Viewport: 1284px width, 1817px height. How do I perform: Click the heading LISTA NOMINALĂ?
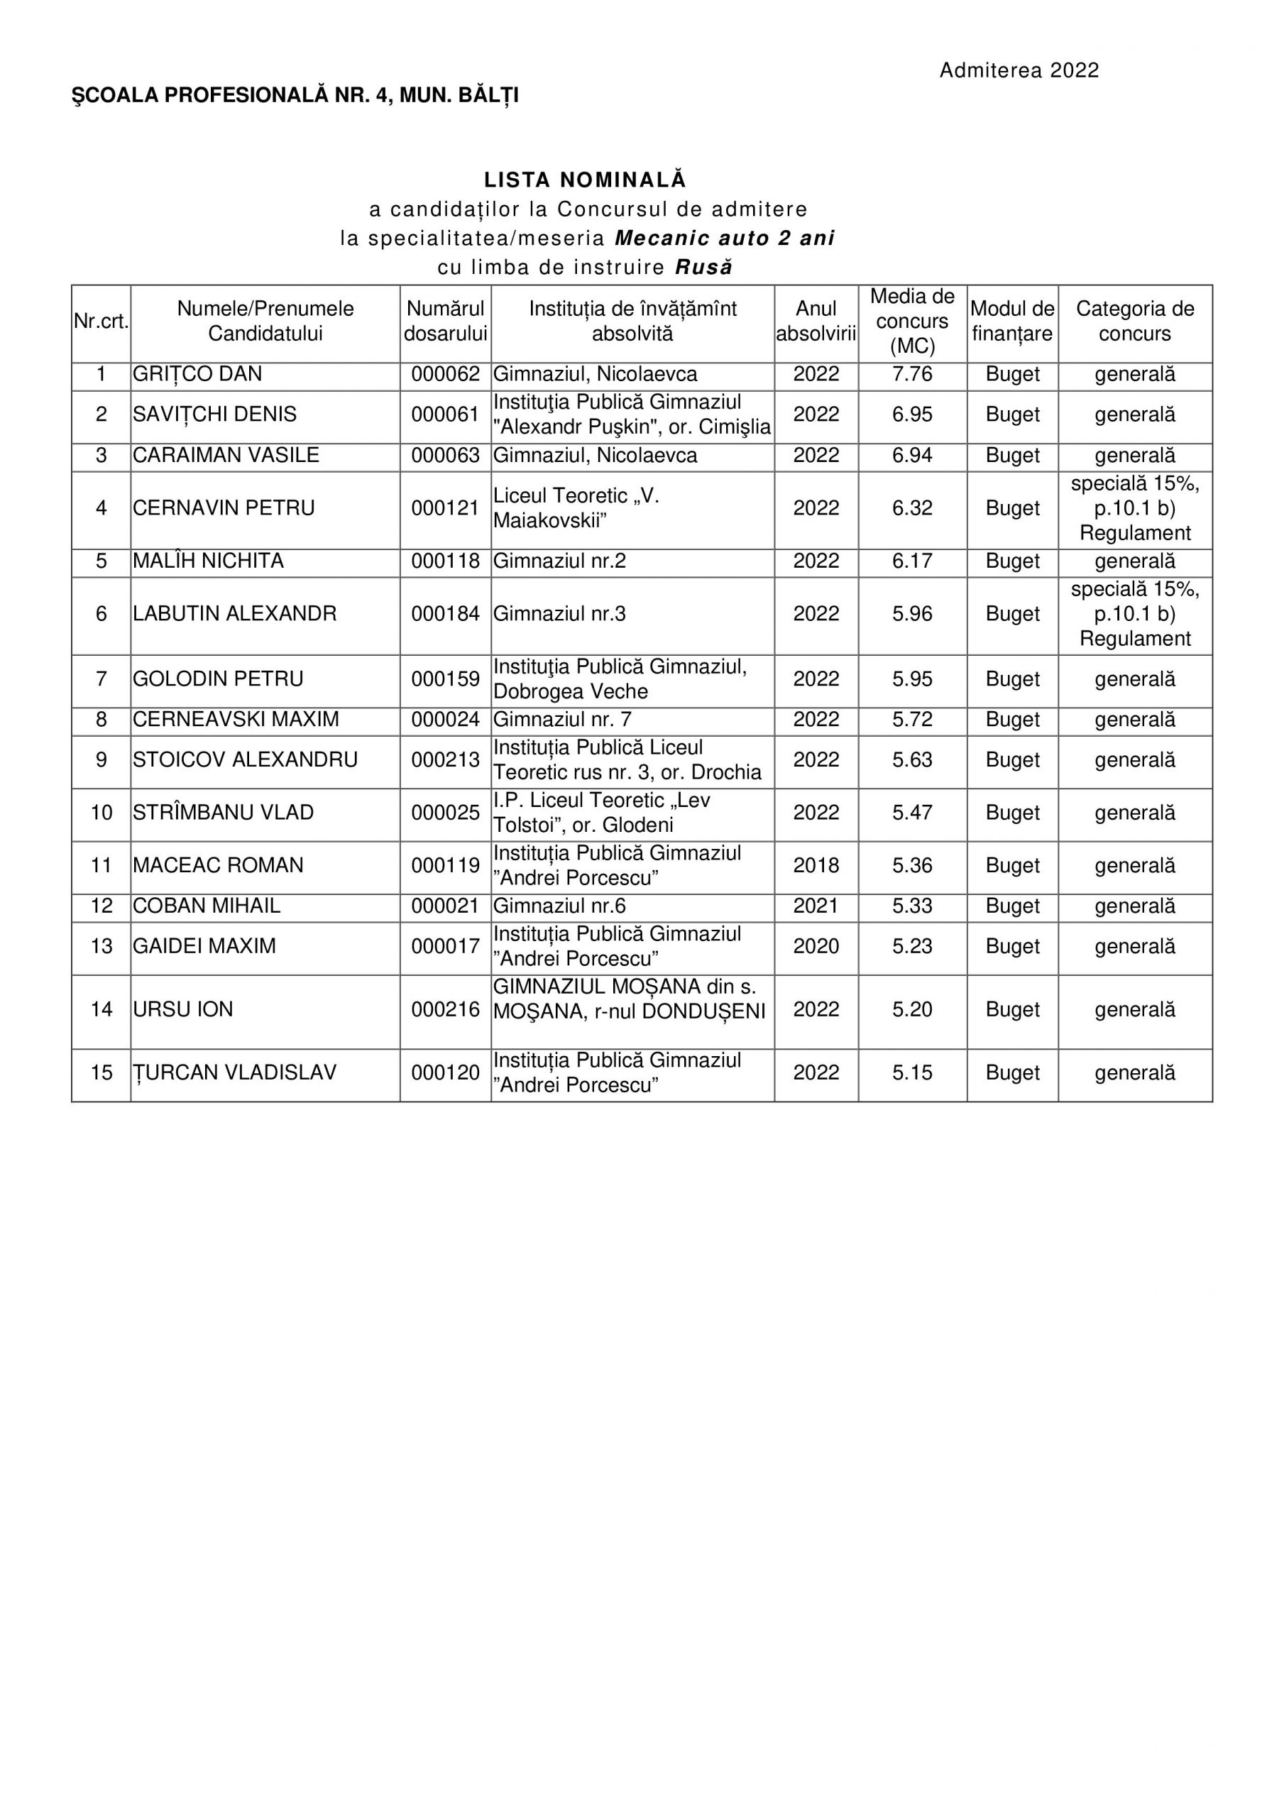(585, 180)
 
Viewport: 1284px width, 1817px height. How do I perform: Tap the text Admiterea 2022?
(1019, 70)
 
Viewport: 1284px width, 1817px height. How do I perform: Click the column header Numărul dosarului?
(445, 321)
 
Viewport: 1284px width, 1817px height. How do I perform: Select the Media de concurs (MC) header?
(912, 321)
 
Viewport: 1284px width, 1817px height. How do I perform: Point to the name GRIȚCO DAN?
(197, 374)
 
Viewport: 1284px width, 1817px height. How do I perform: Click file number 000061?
(445, 415)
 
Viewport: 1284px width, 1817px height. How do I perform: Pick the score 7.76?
(912, 374)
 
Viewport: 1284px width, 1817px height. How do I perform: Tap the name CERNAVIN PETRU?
(224, 508)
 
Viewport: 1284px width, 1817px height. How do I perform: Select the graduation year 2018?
(816, 866)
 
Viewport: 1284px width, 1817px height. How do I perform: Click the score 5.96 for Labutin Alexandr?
(912, 614)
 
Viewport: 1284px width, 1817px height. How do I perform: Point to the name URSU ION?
(183, 1010)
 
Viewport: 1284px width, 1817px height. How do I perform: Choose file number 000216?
(445, 1010)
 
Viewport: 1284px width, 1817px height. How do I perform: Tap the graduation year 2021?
(816, 906)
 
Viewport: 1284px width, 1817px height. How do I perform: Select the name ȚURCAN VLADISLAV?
(234, 1073)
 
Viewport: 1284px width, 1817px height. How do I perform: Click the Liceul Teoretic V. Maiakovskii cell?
(576, 508)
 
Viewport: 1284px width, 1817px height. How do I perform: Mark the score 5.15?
(912, 1073)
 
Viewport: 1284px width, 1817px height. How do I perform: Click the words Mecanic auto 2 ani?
(724, 238)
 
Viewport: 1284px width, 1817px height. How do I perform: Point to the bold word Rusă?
(703, 268)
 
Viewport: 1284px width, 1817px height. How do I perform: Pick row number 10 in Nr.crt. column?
(101, 813)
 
